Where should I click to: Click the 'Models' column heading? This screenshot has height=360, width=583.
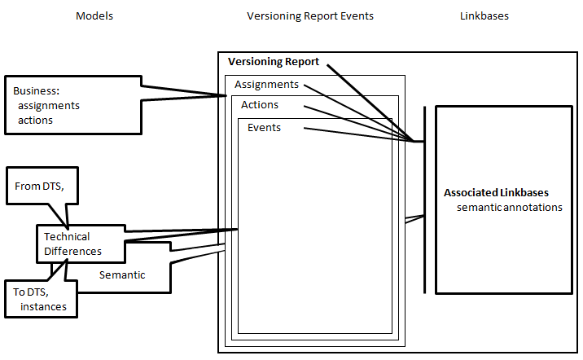(x=94, y=16)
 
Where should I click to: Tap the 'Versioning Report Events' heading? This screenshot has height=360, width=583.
(x=310, y=16)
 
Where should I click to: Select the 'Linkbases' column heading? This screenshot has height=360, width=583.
(x=484, y=16)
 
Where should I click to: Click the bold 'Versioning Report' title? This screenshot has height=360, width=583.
(x=274, y=62)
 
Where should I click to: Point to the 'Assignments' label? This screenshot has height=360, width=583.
(x=266, y=85)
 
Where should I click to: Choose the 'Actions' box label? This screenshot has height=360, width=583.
(x=260, y=105)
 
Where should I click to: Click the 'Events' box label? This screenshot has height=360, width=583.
(x=264, y=128)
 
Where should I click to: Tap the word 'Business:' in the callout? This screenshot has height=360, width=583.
(x=36, y=90)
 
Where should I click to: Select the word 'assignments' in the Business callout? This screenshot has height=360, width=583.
(x=49, y=106)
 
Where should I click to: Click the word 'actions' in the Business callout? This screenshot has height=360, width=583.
(x=35, y=121)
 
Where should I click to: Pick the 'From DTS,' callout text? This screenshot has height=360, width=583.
(x=39, y=186)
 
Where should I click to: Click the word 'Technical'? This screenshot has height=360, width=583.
(x=67, y=236)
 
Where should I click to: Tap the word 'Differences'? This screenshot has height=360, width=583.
(x=73, y=252)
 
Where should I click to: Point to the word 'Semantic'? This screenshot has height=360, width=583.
(x=122, y=274)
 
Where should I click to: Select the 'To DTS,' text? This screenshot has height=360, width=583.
(x=31, y=292)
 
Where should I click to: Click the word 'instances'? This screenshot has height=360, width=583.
(x=43, y=307)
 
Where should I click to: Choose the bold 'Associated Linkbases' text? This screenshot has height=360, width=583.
(x=496, y=193)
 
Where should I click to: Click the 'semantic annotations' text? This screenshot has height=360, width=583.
(x=510, y=207)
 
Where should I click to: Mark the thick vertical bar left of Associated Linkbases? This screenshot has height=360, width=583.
(x=424, y=200)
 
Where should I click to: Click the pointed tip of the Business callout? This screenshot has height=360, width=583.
(x=226, y=96)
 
